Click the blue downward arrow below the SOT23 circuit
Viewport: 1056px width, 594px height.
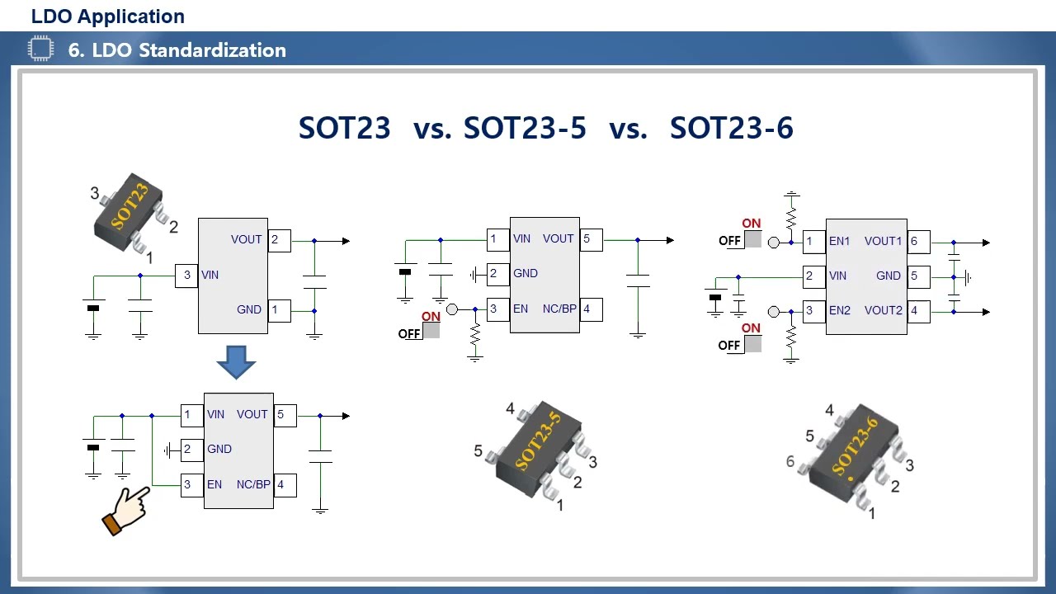(237, 361)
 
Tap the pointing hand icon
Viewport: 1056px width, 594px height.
(125, 511)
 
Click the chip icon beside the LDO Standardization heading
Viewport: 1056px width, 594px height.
(40, 49)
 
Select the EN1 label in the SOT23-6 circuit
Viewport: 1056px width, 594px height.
(839, 242)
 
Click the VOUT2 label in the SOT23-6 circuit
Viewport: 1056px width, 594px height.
(883, 311)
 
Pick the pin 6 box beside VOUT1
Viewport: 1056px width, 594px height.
(918, 242)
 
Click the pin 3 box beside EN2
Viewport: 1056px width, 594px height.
(813, 311)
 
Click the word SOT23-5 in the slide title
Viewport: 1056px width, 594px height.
(525, 128)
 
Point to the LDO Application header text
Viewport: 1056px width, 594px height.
(108, 16)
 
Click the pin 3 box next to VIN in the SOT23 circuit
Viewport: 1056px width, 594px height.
(187, 276)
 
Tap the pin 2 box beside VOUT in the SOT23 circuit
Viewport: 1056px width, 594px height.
(279, 240)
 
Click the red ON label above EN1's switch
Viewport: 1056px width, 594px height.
(751, 224)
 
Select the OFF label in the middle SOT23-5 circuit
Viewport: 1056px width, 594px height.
(409, 334)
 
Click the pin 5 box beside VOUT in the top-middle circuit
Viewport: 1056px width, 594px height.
(591, 239)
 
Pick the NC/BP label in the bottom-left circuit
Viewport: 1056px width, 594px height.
(253, 484)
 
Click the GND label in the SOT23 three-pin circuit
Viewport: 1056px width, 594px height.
(249, 310)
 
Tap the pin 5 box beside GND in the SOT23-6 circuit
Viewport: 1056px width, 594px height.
(918, 276)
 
